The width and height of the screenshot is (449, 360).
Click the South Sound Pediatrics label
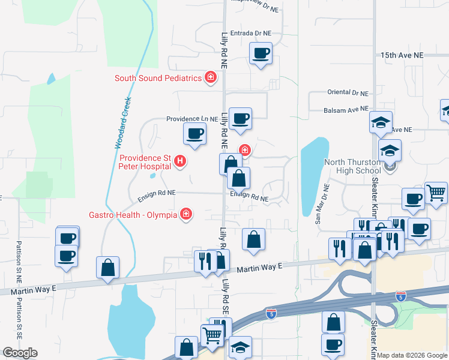158,78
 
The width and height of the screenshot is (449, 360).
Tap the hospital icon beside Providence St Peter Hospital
180,161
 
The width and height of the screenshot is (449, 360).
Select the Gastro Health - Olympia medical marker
187,214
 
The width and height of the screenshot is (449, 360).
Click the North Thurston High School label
352,166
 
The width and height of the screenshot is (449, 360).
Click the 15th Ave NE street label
402,55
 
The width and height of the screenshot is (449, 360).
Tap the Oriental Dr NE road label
347,92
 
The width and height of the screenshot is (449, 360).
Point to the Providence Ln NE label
191,119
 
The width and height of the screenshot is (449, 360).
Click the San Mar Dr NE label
323,204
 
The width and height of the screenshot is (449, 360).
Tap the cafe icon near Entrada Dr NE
261,53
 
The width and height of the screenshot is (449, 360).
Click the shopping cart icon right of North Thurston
436,193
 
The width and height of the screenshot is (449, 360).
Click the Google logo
20,353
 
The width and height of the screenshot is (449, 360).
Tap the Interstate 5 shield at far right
400,296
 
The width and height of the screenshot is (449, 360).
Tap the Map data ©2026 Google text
412,355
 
